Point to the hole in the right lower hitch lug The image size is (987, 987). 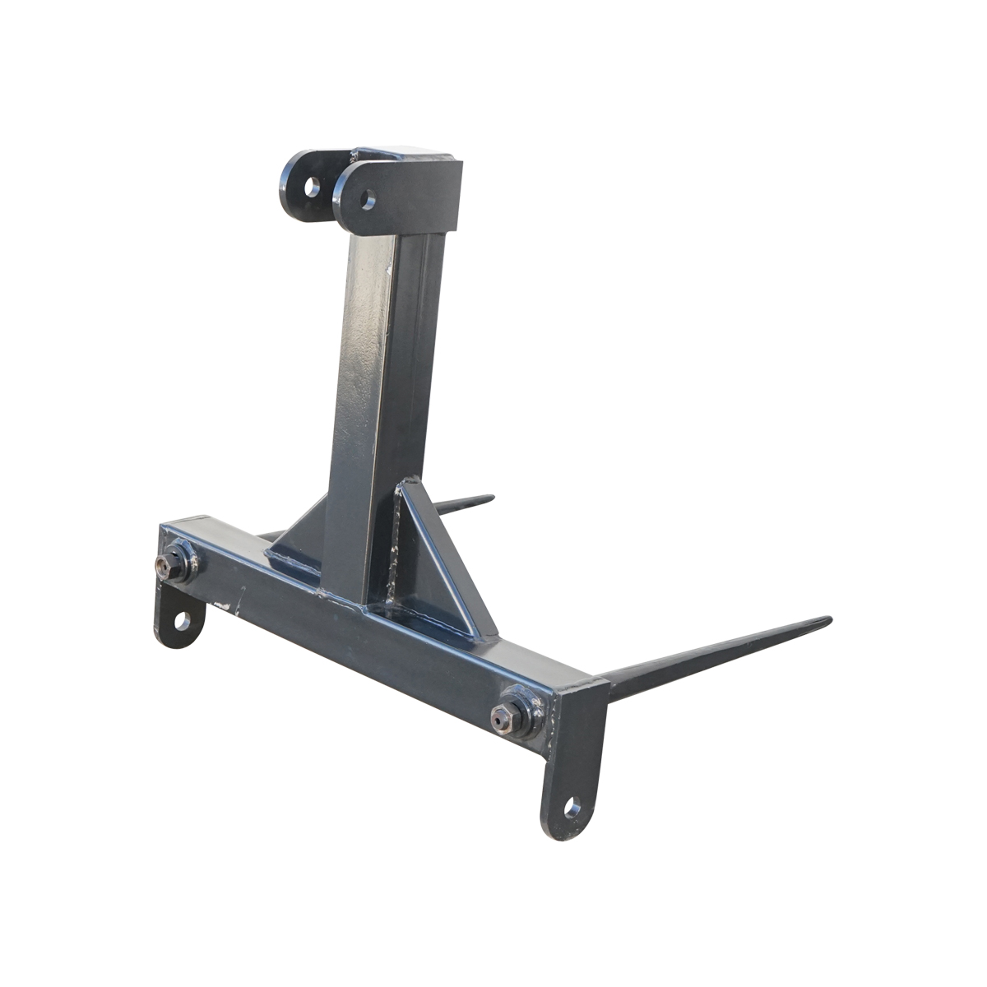tap(572, 809)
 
